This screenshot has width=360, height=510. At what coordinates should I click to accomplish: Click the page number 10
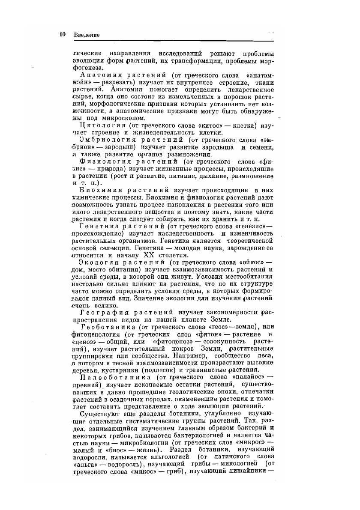tap(62, 34)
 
